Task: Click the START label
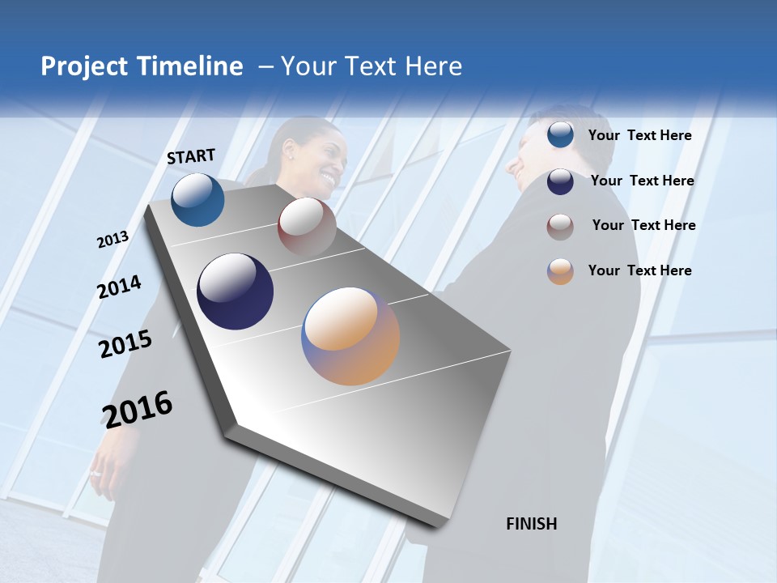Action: coord(191,156)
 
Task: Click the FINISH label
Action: coord(532,524)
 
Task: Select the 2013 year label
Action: coord(113,239)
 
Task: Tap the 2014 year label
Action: coord(119,287)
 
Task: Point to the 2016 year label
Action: coord(138,409)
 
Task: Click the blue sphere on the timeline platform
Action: coord(197,199)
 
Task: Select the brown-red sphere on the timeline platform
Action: coord(307,226)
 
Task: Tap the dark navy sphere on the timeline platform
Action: coord(235,291)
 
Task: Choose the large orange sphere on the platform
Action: coord(350,335)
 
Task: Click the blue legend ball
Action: coord(560,135)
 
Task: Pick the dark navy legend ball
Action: coord(560,181)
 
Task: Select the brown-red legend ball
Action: coord(560,226)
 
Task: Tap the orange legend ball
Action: coord(560,270)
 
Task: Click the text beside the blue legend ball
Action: coord(639,135)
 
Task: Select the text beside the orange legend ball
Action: coord(639,270)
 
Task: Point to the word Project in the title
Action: coord(84,66)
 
